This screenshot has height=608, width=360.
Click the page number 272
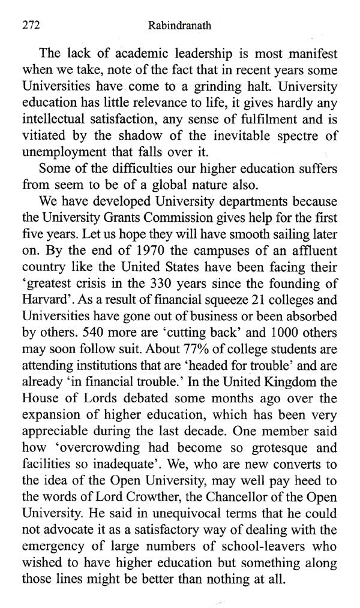(x=30, y=26)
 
